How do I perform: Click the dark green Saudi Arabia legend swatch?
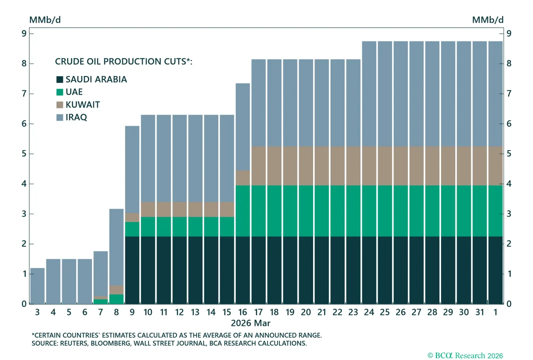pos(60,79)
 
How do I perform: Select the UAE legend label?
pos(74,92)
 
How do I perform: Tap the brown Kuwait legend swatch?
pos(60,105)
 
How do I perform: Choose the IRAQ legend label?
pos(76,117)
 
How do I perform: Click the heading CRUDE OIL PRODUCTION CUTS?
pos(123,62)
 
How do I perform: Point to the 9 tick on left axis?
pos(24,33)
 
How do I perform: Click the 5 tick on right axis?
pos(509,154)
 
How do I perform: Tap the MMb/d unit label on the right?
pos(487,20)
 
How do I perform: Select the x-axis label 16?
pos(243,312)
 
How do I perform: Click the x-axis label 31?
pos(480,312)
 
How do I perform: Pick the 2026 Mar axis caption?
pos(251,323)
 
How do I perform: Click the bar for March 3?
pos(37,286)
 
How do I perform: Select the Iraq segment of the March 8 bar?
pos(116,247)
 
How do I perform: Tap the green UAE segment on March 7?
pos(101,302)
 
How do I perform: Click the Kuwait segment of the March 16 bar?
pos(243,178)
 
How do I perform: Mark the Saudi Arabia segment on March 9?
pos(132,270)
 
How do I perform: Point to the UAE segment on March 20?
pos(306,211)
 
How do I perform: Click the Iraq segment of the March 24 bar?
pos(369,93)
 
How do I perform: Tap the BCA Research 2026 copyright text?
pos(465,356)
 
